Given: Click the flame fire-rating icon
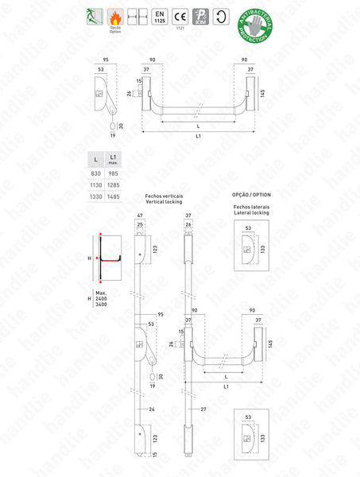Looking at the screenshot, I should [x=116, y=15].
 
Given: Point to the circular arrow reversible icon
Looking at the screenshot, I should [x=220, y=17].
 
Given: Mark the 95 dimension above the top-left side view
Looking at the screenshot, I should [x=105, y=60].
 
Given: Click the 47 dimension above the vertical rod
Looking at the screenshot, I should [x=140, y=217].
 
